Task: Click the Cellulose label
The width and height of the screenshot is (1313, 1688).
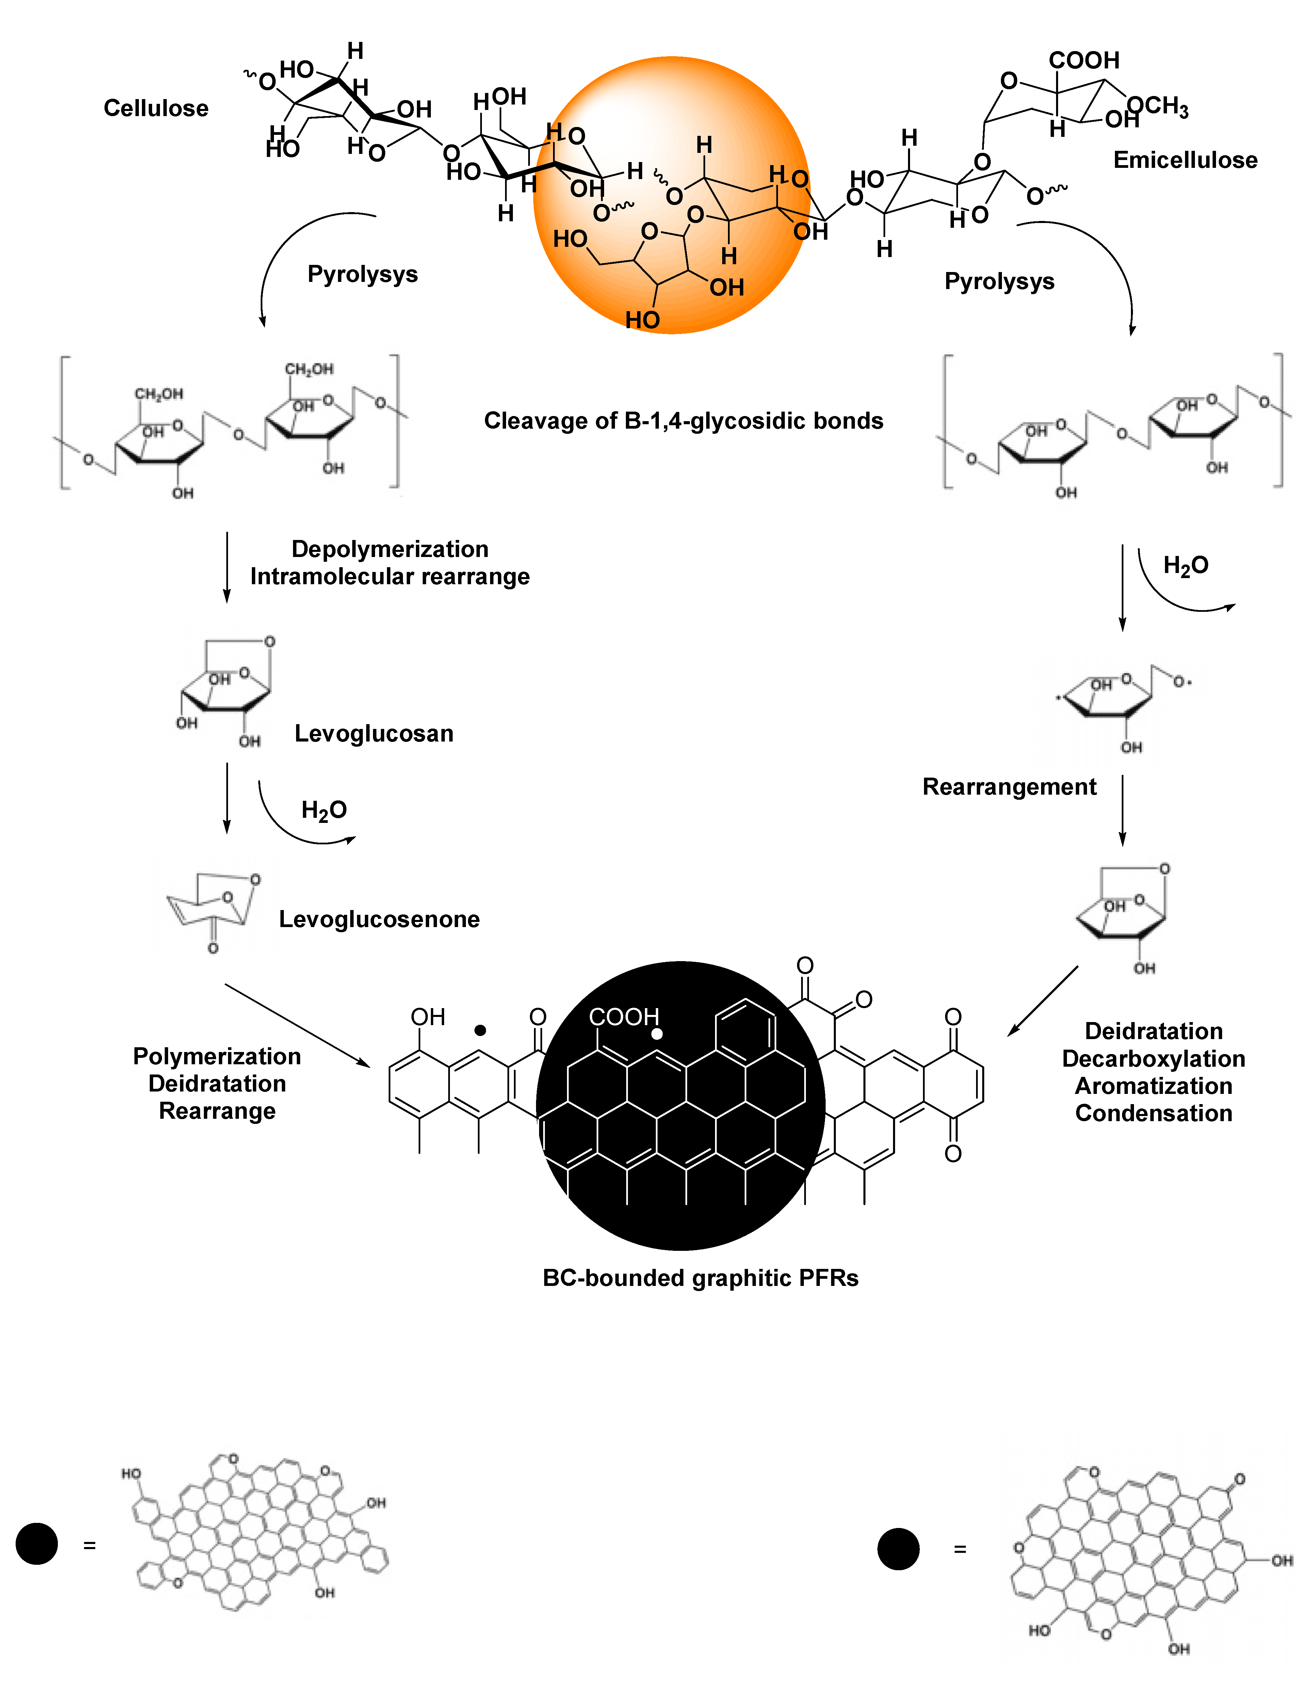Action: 156,108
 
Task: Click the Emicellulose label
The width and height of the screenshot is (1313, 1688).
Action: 1185,160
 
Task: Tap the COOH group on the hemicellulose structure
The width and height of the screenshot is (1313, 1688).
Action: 1084,60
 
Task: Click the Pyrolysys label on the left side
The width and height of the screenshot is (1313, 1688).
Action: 362,274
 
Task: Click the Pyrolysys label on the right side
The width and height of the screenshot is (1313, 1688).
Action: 999,281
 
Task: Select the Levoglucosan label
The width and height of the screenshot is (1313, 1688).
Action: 374,733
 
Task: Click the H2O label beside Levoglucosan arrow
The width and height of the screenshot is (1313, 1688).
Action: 324,810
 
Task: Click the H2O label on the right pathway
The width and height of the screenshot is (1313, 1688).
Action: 1185,566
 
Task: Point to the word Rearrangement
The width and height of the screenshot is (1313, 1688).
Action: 1009,787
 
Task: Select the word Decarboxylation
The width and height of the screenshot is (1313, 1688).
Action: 1153,1059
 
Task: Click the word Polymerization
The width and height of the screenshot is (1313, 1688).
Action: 217,1056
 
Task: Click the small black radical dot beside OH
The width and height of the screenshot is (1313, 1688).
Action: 480,1030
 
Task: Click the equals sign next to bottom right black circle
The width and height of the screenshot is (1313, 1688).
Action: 960,1549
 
